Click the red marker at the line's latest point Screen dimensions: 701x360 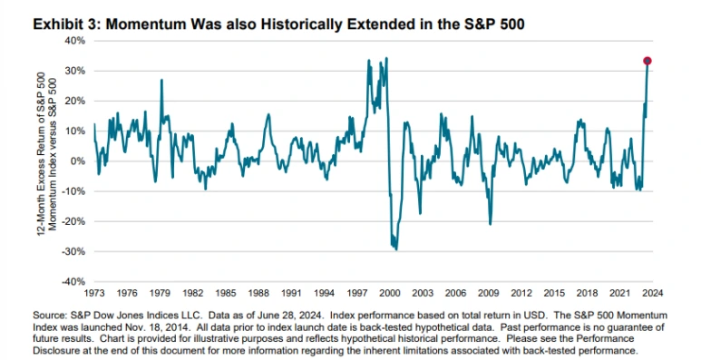point(647,61)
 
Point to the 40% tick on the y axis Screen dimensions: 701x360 point(75,41)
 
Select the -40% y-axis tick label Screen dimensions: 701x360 point(73,282)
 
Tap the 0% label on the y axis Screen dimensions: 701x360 point(78,161)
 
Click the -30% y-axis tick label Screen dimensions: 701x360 point(73,252)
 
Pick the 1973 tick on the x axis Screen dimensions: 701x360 point(94,294)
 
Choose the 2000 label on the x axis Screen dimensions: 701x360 point(390,294)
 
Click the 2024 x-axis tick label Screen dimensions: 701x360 point(653,294)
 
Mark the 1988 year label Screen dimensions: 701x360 point(258,294)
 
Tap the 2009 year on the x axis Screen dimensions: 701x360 point(488,294)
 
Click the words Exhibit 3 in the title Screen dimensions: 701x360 point(67,24)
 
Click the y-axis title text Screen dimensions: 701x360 point(47,154)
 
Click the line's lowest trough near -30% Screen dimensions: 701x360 point(396,249)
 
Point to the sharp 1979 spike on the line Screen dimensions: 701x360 point(161,80)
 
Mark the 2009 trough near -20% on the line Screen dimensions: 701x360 point(491,224)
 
